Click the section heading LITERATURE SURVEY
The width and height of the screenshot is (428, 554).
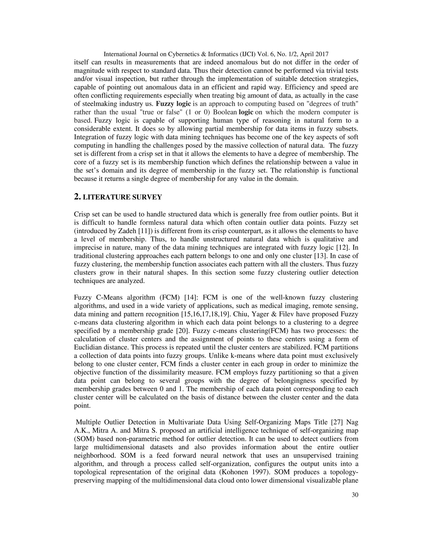[x=122, y=197]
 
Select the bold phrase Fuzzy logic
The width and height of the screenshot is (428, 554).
[x=173, y=104]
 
